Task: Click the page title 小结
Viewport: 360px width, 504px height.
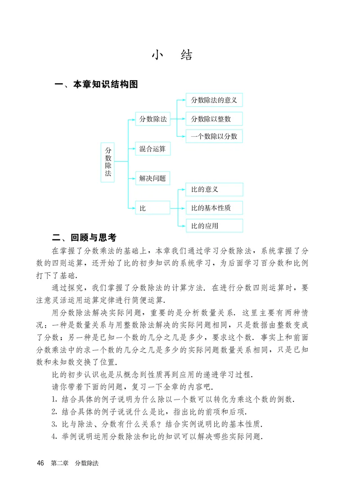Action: [x=172, y=55]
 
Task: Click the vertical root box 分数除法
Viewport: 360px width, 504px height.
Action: [x=108, y=162]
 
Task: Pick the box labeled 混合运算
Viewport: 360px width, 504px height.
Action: [x=153, y=148]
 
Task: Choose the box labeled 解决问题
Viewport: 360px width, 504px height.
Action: [x=153, y=178]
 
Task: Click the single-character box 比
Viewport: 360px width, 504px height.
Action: [x=153, y=208]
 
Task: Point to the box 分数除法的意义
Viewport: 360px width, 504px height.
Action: [x=214, y=100]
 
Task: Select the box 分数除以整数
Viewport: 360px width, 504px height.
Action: [x=214, y=119]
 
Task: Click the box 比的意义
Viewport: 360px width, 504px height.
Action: [x=214, y=189]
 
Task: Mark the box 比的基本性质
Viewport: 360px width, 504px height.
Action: [x=214, y=208]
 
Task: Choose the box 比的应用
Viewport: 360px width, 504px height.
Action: [x=214, y=225]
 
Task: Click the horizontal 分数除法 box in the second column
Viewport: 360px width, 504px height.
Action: [x=153, y=119]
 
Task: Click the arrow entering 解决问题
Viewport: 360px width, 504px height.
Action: [x=132, y=178]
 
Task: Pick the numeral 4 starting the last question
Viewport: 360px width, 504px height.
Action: [x=54, y=436]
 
